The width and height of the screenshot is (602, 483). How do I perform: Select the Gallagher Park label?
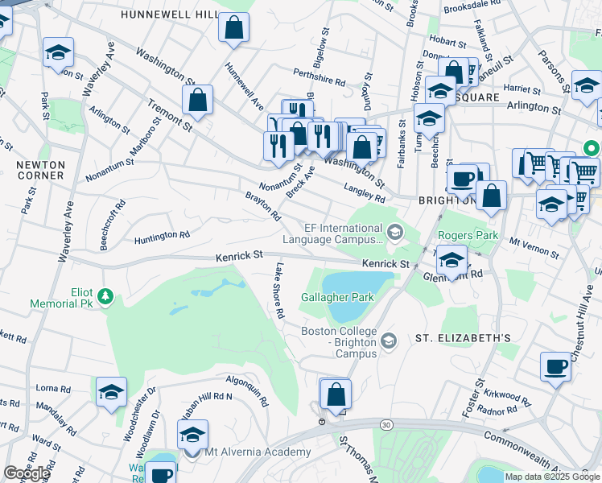[x=337, y=297]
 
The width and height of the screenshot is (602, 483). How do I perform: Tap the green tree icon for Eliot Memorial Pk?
[x=105, y=297]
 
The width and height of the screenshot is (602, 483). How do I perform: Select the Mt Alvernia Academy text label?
[x=249, y=452]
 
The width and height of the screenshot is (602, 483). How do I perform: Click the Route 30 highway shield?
[x=386, y=424]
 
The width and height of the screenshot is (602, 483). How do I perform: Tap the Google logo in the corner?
[x=27, y=473]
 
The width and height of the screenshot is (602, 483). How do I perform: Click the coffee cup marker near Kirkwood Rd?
[x=555, y=367]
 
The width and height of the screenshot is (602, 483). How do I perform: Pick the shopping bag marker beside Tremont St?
[x=197, y=101]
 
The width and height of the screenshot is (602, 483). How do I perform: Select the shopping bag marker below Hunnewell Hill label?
[x=233, y=28]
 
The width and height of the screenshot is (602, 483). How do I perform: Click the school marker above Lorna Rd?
[x=112, y=392]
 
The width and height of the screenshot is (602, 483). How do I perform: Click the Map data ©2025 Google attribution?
[x=552, y=477]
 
